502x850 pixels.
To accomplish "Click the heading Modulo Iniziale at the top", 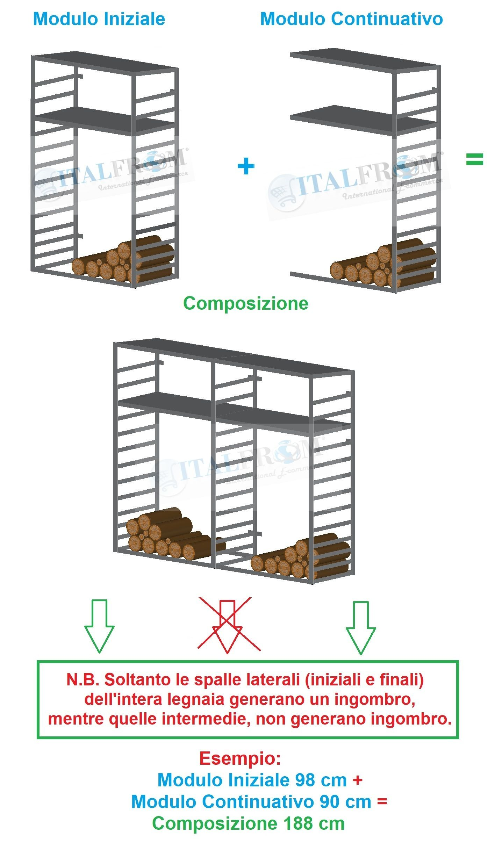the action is [99, 19].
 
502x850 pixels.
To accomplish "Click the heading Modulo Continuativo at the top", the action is [351, 19].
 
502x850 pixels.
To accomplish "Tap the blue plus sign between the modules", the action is [246, 166].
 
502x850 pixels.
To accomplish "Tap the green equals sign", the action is [474, 159].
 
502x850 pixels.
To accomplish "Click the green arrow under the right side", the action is [361, 628].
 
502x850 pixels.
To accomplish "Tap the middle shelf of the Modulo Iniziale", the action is [105, 120].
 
